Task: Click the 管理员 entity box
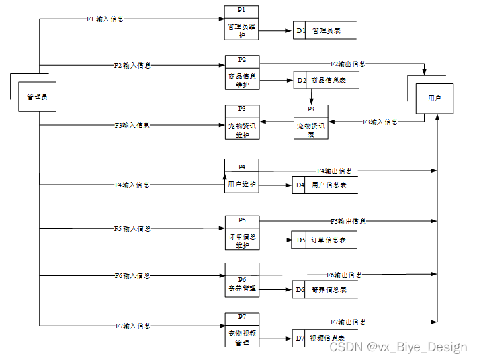click(x=37, y=97)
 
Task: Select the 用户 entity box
click(x=434, y=99)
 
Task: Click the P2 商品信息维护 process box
click(x=241, y=73)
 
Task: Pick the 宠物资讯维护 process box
click(x=241, y=122)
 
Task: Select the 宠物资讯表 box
click(x=310, y=122)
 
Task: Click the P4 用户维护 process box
click(x=241, y=177)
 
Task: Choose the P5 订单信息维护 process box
click(x=241, y=232)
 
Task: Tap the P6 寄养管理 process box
click(x=241, y=281)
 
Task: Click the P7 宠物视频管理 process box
click(x=241, y=330)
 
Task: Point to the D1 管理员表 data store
click(x=324, y=31)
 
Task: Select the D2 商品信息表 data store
click(x=326, y=81)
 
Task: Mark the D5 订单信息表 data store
click(x=324, y=240)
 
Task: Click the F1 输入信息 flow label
click(x=105, y=19)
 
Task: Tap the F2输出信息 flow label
click(x=347, y=64)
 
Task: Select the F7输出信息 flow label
click(x=347, y=322)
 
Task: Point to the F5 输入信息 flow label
click(x=132, y=229)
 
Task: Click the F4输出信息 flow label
click(x=334, y=171)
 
